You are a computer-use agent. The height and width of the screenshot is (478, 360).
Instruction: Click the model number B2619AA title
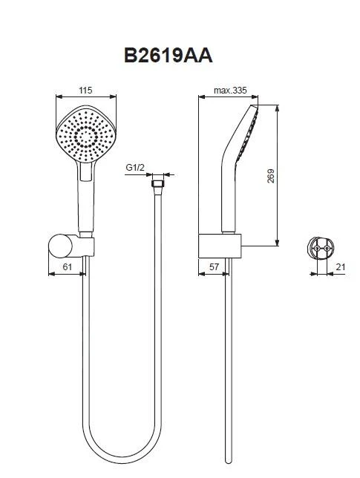point(168,56)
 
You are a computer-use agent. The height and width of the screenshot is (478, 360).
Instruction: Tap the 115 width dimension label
point(85,91)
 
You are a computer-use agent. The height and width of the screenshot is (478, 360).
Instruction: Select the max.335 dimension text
point(230,91)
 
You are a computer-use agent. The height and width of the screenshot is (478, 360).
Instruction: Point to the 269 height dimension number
point(270,176)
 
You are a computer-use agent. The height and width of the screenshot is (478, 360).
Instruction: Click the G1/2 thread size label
point(135,167)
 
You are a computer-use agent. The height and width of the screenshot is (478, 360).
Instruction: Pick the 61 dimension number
point(67,266)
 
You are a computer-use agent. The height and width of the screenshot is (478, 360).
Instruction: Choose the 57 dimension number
point(214,266)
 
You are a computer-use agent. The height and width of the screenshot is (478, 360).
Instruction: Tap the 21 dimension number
point(341,267)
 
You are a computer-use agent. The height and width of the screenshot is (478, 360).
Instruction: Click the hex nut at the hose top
point(158,184)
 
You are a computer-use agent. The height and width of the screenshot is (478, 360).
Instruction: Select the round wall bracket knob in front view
point(60,246)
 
